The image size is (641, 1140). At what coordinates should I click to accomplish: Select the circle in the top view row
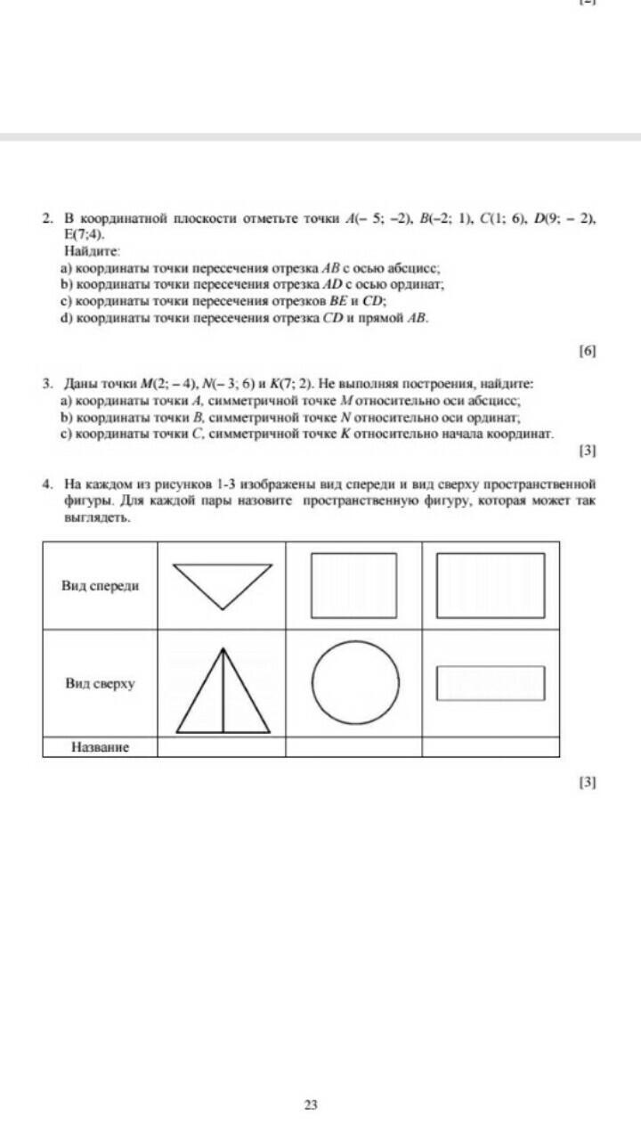click(355, 684)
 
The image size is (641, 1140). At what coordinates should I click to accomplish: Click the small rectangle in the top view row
click(490, 683)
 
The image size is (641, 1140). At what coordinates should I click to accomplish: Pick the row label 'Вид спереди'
click(100, 585)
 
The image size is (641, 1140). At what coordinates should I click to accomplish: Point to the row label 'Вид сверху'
click(100, 684)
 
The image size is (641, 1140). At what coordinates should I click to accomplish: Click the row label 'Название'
click(100, 747)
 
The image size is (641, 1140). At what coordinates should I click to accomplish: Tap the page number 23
click(311, 1105)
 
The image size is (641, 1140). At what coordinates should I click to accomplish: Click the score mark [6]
click(587, 351)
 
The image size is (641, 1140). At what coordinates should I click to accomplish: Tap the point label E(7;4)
click(84, 235)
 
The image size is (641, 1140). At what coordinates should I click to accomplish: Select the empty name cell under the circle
click(353, 747)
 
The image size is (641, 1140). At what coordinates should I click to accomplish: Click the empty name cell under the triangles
click(222, 747)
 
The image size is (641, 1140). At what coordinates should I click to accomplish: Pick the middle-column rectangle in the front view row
click(354, 583)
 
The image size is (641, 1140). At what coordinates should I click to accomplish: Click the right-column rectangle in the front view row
click(490, 583)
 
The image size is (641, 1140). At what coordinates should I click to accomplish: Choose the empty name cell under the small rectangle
click(491, 747)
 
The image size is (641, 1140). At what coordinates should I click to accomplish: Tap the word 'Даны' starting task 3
click(78, 384)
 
